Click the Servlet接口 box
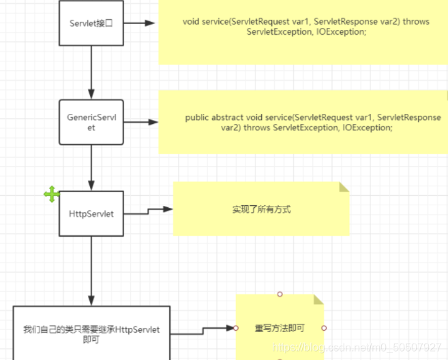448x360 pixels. [x=91, y=23]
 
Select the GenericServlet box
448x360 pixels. [x=91, y=122]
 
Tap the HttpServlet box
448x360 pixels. [x=91, y=213]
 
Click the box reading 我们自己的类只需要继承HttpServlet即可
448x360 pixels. [x=91, y=333]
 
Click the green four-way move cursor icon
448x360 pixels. [x=52, y=195]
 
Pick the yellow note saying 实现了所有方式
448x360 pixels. [x=261, y=209]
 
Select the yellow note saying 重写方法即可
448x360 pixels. [x=280, y=328]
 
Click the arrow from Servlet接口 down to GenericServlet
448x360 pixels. [x=91, y=72]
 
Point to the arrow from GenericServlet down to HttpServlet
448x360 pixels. [x=91, y=167]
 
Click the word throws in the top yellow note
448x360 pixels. [x=416, y=22]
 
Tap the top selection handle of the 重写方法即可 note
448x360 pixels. [x=280, y=294]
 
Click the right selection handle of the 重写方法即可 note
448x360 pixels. [x=324, y=328]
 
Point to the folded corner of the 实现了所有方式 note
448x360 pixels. [x=344, y=187]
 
